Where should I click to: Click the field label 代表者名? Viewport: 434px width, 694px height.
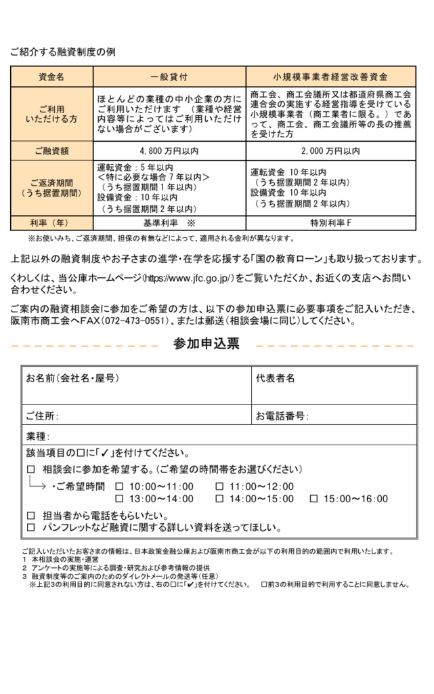276,378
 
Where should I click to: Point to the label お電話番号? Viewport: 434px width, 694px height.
282,415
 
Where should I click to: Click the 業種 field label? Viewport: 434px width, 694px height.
38,435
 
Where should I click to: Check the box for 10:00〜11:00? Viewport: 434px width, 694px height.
119,486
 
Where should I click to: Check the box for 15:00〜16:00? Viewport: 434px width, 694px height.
313,499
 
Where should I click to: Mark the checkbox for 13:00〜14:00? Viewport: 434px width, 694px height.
119,499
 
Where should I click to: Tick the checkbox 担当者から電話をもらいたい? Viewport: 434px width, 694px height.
30,514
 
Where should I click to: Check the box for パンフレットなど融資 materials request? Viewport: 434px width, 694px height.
30,527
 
